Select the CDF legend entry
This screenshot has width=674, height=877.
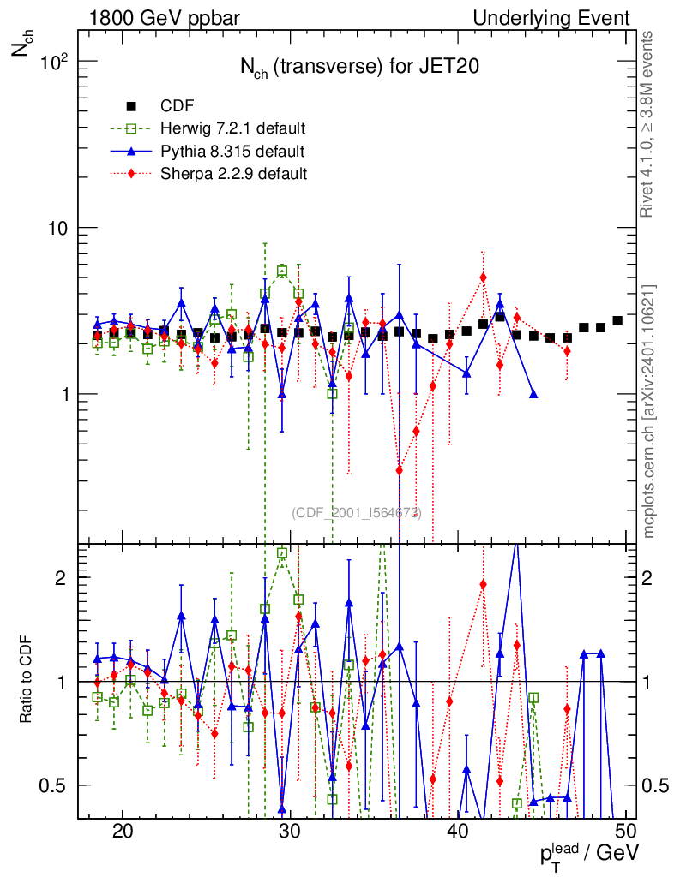[x=178, y=106]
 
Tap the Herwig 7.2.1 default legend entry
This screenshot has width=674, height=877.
[x=232, y=129]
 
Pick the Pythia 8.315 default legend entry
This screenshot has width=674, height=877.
[x=232, y=152]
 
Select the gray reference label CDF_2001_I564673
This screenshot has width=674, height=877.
[x=356, y=513]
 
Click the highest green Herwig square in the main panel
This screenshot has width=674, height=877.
[x=282, y=271]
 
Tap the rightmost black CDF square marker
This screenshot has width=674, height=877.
[x=617, y=320]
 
